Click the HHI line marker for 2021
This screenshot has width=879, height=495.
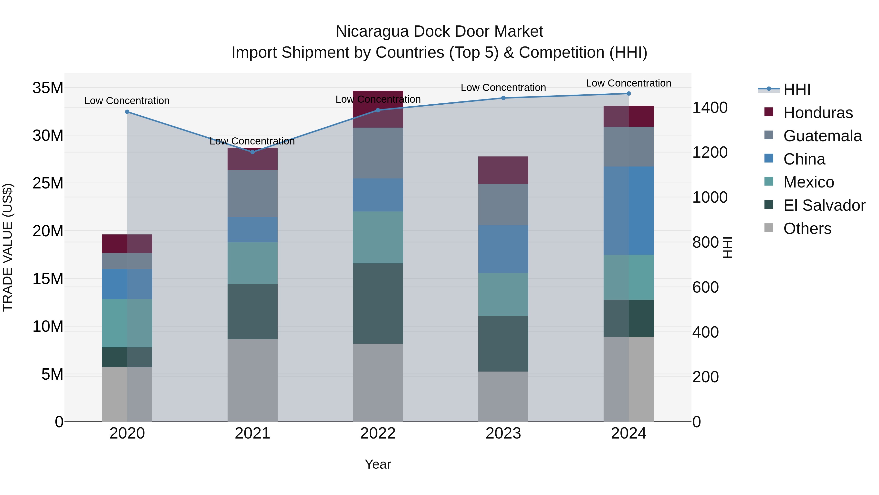coord(252,152)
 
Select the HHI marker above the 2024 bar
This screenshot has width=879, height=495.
coord(628,94)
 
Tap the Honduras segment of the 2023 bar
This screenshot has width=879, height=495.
coord(503,170)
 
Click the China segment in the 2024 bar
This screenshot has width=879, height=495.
coord(628,210)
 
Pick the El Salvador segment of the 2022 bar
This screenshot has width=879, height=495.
coord(378,303)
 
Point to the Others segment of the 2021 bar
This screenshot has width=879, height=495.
coord(252,380)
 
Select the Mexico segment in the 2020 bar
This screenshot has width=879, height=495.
coord(127,323)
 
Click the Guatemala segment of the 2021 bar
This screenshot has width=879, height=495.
coord(252,193)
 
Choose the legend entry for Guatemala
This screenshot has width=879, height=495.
coord(822,136)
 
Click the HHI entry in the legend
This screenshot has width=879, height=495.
coord(797,89)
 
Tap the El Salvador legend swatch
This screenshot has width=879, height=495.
coord(769,205)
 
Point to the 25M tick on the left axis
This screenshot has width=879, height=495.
coord(48,183)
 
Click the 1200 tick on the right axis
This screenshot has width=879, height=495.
coord(710,152)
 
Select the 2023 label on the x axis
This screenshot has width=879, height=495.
coord(503,433)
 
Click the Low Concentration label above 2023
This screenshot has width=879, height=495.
coord(503,88)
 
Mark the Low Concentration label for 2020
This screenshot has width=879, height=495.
coord(127,101)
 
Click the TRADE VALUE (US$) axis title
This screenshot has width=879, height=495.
coord(8,247)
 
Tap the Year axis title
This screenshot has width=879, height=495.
coord(378,464)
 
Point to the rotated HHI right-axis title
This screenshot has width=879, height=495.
coord(728,247)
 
